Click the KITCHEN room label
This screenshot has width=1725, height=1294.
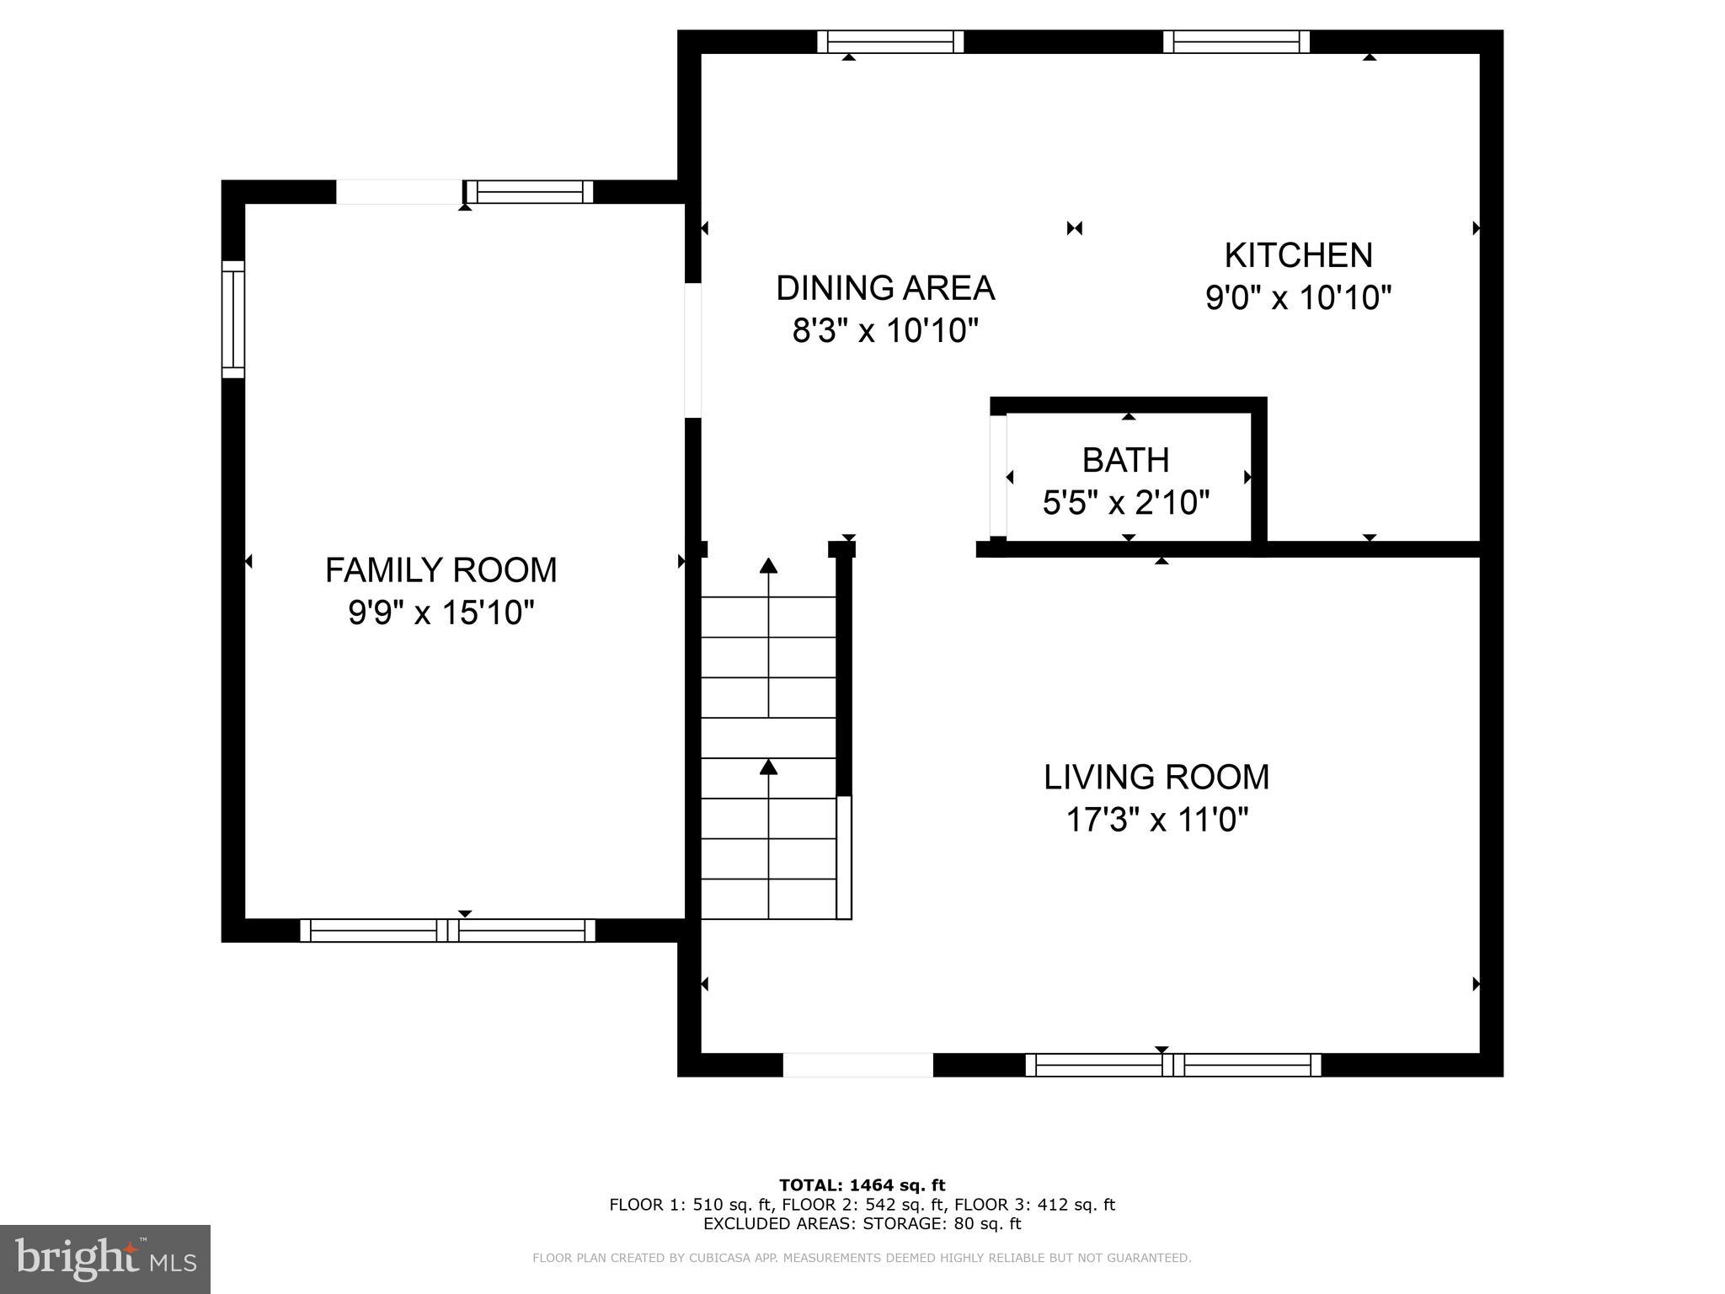click(x=1298, y=255)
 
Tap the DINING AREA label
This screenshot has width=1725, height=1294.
click(x=884, y=288)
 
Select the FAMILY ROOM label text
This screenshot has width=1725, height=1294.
click(x=441, y=570)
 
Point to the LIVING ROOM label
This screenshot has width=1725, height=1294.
click(x=1156, y=777)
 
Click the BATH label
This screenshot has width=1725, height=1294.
click(x=1125, y=460)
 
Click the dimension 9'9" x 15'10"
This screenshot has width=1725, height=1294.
click(x=441, y=612)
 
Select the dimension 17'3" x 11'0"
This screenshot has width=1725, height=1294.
click(x=1156, y=819)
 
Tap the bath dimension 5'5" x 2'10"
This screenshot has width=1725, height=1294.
click(x=1125, y=503)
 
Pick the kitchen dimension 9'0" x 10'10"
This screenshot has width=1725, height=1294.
click(x=1298, y=297)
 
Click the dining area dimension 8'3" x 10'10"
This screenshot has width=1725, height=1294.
click(x=884, y=331)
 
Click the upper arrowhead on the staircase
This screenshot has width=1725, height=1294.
click(x=768, y=565)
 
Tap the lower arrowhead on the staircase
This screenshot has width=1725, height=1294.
click(x=768, y=766)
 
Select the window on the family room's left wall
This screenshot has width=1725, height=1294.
click(x=233, y=319)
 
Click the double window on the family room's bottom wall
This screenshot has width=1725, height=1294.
click(x=447, y=930)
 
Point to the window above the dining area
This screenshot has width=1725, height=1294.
click(x=889, y=41)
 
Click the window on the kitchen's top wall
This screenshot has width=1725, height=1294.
click(x=1236, y=41)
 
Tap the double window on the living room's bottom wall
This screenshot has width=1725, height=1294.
click(x=1172, y=1065)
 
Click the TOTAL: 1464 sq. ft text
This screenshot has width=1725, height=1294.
click(x=862, y=1185)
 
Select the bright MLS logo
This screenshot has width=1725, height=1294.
click(x=105, y=1259)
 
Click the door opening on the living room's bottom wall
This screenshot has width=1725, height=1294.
click(x=857, y=1065)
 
